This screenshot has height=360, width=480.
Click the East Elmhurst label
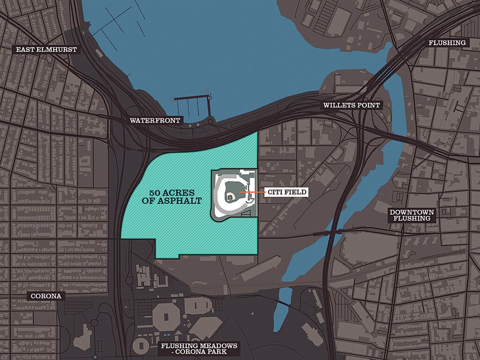tap(46, 50)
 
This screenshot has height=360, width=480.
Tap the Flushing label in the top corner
tap(447, 43)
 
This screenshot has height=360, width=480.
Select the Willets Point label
tap(351, 105)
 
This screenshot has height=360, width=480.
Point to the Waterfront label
tap(155, 121)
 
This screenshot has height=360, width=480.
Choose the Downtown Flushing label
tap(412, 215)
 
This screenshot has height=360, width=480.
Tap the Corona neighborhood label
tap(46, 296)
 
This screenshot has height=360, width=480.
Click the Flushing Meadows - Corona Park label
tap(199, 349)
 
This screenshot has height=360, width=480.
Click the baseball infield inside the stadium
tap(231, 198)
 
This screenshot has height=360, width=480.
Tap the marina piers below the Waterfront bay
tap(191, 107)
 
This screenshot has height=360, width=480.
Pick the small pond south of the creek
tap(285, 302)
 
